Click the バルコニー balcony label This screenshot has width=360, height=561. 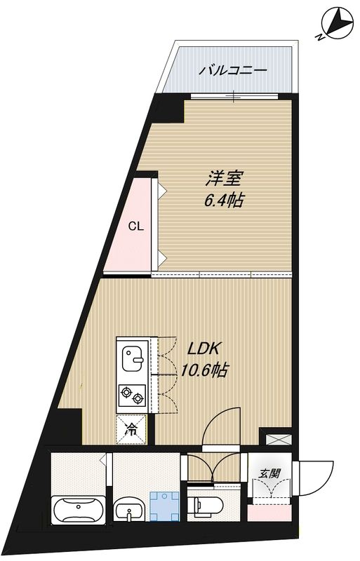click(232, 70)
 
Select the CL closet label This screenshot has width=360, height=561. click(136, 227)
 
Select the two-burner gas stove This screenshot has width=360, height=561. click(133, 397)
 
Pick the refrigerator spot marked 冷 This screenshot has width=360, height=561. click(132, 428)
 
